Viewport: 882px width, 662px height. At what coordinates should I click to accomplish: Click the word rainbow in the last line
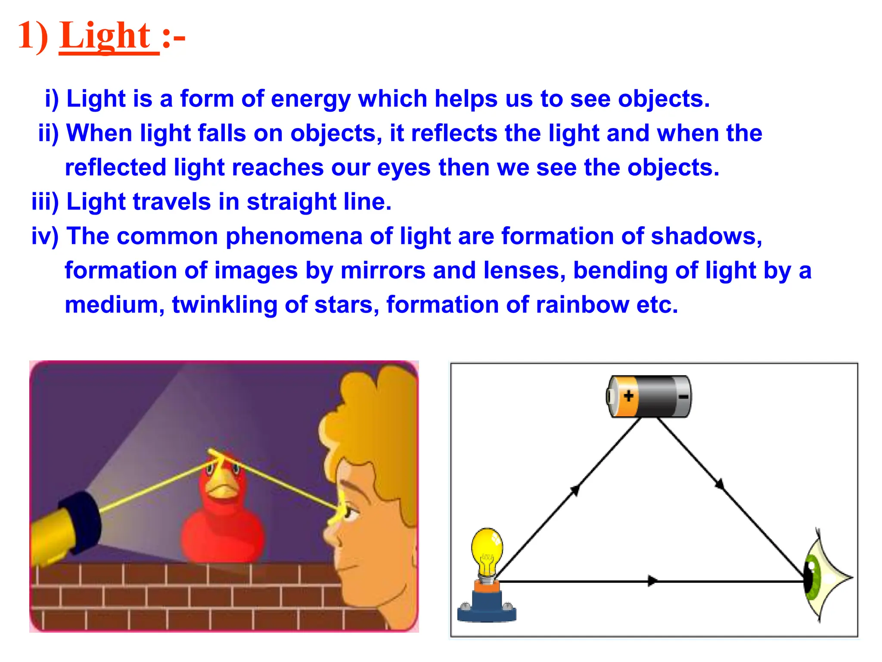pos(582,305)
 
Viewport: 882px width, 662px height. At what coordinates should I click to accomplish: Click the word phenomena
pos(294,236)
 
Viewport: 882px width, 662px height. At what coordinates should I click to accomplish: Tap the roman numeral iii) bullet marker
pos(45,202)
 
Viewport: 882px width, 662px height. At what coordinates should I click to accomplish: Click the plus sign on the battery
pos(628,396)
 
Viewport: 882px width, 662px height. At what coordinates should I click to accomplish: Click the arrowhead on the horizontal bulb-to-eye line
pos(652,581)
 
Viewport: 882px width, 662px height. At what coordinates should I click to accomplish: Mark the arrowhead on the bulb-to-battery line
pos(575,490)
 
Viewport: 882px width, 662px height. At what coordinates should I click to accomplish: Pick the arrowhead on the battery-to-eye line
pos(719,484)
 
